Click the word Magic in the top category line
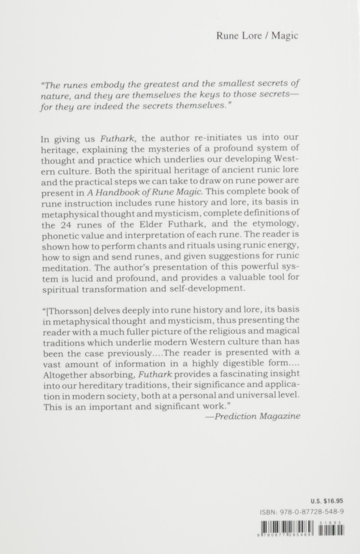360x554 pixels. pyautogui.click(x=285, y=36)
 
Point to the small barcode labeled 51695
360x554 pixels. pyautogui.click(x=331, y=531)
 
